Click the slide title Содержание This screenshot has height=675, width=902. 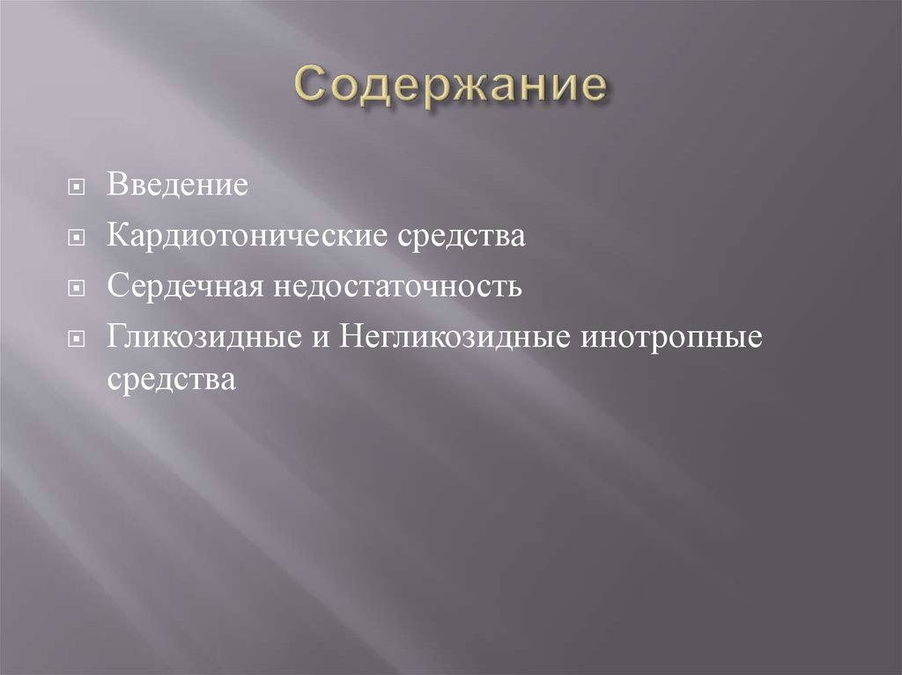click(450, 89)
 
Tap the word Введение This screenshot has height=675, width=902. click(177, 187)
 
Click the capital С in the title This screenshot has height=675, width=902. click(309, 88)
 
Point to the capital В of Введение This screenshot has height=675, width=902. click(117, 187)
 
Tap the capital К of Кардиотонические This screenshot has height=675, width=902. click(118, 237)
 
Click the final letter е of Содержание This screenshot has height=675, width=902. click(593, 91)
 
